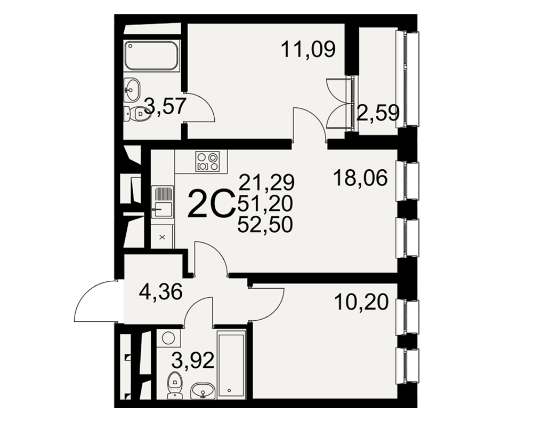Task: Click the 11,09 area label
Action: pyautogui.click(x=308, y=49)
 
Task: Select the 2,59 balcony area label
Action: pyautogui.click(x=378, y=113)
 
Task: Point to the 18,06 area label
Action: pyautogui.click(x=360, y=178)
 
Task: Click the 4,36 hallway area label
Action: pyautogui.click(x=161, y=292)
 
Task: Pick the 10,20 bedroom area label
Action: pyautogui.click(x=361, y=302)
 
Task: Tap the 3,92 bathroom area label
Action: pyautogui.click(x=193, y=360)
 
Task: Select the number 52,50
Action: pyautogui.click(x=265, y=225)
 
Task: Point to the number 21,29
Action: pyautogui.click(x=266, y=182)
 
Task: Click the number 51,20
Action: pyautogui.click(x=265, y=203)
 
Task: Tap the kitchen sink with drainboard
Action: pyautogui.click(x=163, y=202)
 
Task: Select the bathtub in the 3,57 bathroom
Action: pyautogui.click(x=152, y=56)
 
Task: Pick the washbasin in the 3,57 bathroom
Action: pyautogui.click(x=132, y=90)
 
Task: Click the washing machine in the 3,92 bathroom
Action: pyautogui.click(x=168, y=338)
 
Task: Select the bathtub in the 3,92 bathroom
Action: pyautogui.click(x=231, y=365)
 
